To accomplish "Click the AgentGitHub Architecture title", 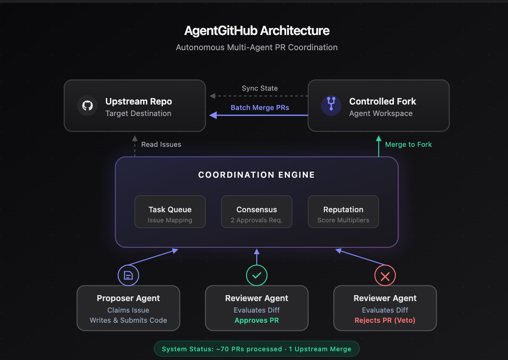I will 257,31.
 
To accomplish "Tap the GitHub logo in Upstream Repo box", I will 87,106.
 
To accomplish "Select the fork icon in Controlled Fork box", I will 331,106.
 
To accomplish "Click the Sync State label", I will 260,88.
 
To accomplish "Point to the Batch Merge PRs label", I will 260,108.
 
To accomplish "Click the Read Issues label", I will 161,145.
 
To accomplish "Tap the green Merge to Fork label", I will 408,145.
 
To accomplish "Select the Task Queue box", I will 170,212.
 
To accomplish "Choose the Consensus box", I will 256,212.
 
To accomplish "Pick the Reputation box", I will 343,212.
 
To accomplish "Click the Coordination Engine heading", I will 256,175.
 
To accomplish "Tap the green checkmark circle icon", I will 257,276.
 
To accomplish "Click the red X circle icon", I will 385,276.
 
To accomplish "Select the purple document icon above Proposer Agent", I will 128,276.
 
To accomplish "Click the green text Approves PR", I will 257,320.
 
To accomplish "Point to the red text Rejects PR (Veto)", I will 385,320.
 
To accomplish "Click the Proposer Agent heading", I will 128,298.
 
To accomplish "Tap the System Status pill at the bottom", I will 256,349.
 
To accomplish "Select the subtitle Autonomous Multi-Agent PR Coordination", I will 257,47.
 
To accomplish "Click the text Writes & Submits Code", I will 128,320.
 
